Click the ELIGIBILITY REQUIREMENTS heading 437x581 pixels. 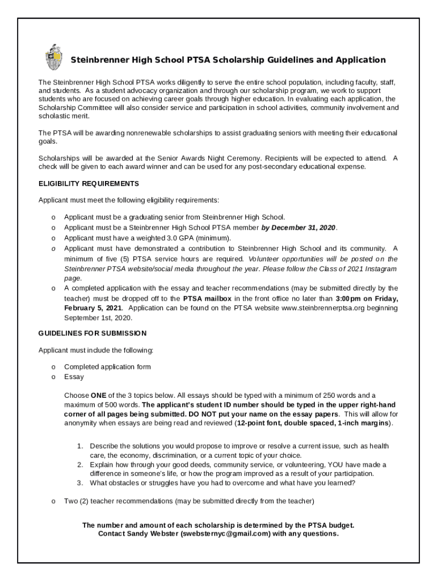pyautogui.click(x=88, y=184)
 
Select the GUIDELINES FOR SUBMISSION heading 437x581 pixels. pyautogui.click(x=92, y=333)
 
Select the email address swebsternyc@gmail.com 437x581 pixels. pyautogui.click(x=223, y=534)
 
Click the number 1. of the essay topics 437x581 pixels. pyautogui.click(x=81, y=447)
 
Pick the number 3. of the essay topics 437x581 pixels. pyautogui.click(x=81, y=483)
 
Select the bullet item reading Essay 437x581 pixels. pyautogui.click(x=74, y=377)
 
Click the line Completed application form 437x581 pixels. pyautogui.click(x=107, y=367)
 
